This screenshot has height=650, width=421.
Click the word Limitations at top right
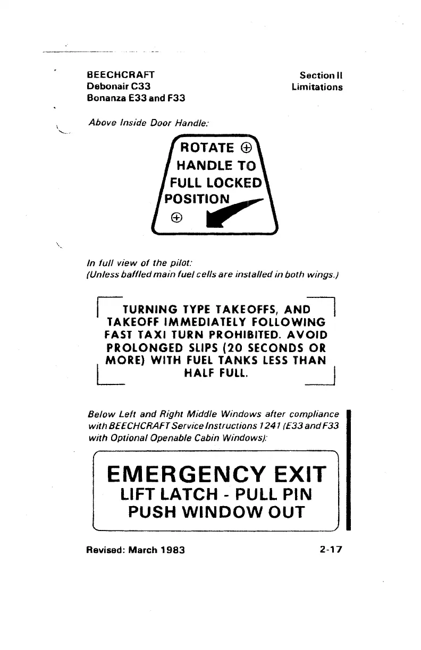(317, 87)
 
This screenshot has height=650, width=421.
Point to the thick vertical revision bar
(349, 469)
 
